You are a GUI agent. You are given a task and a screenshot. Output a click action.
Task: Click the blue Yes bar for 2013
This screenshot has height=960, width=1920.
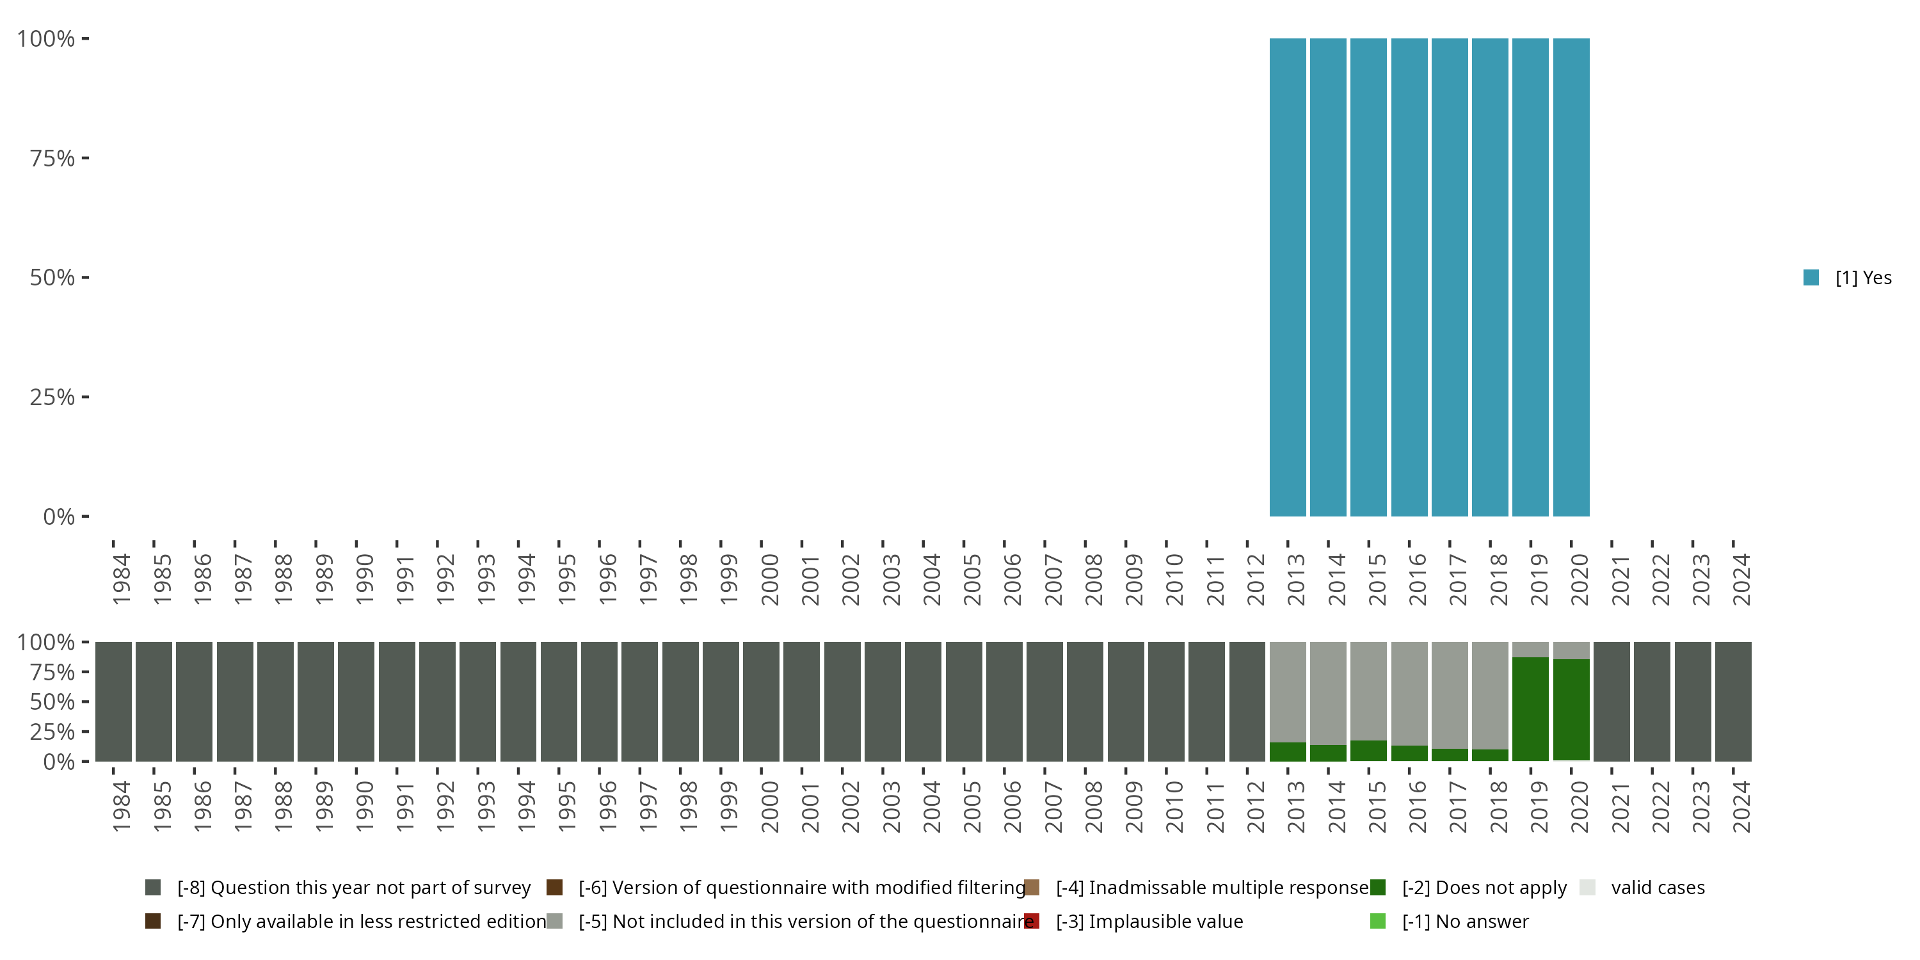1287,277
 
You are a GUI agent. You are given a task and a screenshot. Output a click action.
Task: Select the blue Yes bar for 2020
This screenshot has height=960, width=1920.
1571,277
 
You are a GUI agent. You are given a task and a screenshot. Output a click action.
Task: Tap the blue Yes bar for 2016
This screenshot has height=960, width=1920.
1409,277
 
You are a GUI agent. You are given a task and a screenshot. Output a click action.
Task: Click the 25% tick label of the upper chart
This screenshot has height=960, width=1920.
52,397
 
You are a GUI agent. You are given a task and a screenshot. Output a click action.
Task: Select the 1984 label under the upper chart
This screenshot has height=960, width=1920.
122,579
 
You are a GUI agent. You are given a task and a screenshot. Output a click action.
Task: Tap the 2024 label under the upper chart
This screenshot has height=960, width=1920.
1741,579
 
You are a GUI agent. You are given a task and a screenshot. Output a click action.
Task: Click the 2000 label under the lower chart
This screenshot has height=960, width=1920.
769,806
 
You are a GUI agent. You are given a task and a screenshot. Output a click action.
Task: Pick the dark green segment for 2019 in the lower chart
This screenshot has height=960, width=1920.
1530,708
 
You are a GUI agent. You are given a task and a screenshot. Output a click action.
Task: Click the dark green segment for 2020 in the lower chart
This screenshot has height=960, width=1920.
1571,710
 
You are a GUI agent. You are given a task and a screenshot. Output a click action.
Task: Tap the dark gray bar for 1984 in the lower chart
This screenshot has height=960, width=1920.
113,701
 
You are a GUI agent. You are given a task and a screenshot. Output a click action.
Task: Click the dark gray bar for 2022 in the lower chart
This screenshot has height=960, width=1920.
1652,701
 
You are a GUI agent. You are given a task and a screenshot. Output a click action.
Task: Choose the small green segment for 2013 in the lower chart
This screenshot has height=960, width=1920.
1287,751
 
